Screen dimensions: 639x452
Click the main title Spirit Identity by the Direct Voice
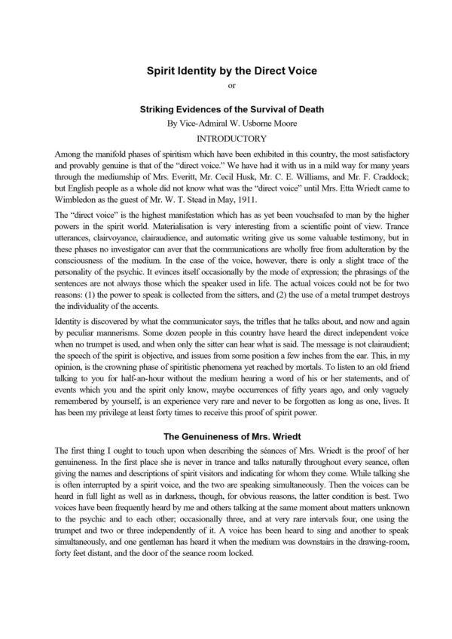click(225, 72)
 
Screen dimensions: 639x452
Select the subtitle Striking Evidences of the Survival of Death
click(225, 109)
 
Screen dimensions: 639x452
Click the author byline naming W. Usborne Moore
click(225, 123)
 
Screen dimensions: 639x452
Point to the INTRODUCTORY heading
click(225, 139)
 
